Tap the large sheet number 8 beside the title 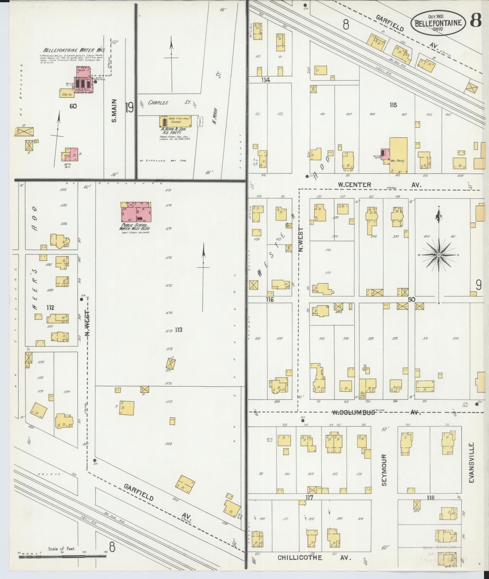point(476,20)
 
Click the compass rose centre point(439,255)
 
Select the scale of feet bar point(62,557)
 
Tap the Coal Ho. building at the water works point(67,93)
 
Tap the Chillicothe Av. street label point(314,558)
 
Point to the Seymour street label point(384,474)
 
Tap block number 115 point(393,105)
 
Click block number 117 point(309,498)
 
